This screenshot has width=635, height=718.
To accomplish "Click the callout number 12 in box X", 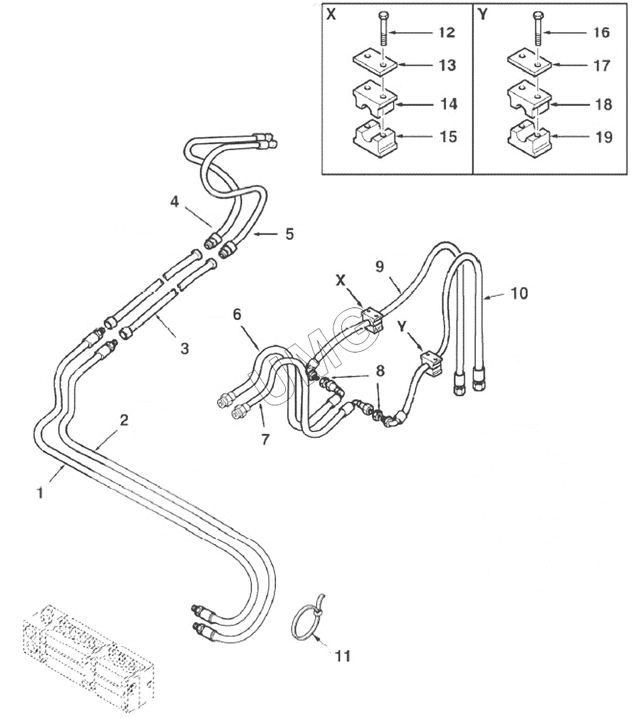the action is click(446, 33).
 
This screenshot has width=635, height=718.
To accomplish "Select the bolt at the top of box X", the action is click(382, 28).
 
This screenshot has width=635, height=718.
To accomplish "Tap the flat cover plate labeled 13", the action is click(375, 62).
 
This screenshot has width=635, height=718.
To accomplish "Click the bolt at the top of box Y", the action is click(538, 28).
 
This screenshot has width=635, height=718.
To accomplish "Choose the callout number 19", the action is click(604, 137).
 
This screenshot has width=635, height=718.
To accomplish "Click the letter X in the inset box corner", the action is click(331, 14).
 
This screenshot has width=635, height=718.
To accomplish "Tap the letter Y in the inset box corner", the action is click(482, 14).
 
